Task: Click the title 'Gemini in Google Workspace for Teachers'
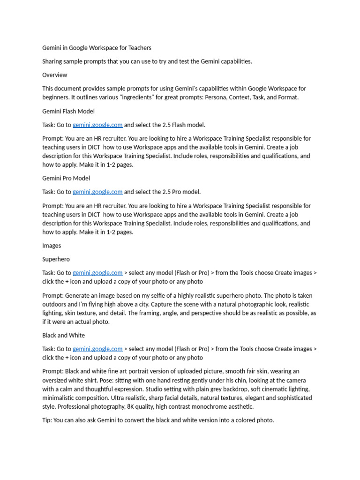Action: click(x=97, y=48)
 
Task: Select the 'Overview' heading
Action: click(x=54, y=75)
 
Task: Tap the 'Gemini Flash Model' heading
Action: click(x=68, y=111)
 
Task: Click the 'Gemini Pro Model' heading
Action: click(x=66, y=178)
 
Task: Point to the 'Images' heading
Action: click(x=52, y=246)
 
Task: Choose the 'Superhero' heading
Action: click(x=56, y=259)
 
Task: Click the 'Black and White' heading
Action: click(x=63, y=336)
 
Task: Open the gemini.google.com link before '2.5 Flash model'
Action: click(x=97, y=125)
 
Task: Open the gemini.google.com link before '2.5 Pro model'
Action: click(x=97, y=192)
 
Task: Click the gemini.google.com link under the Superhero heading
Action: click(x=97, y=273)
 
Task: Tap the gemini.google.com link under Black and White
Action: click(x=97, y=349)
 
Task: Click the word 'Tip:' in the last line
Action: click(x=47, y=420)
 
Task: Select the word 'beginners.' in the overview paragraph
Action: click(x=57, y=97)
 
